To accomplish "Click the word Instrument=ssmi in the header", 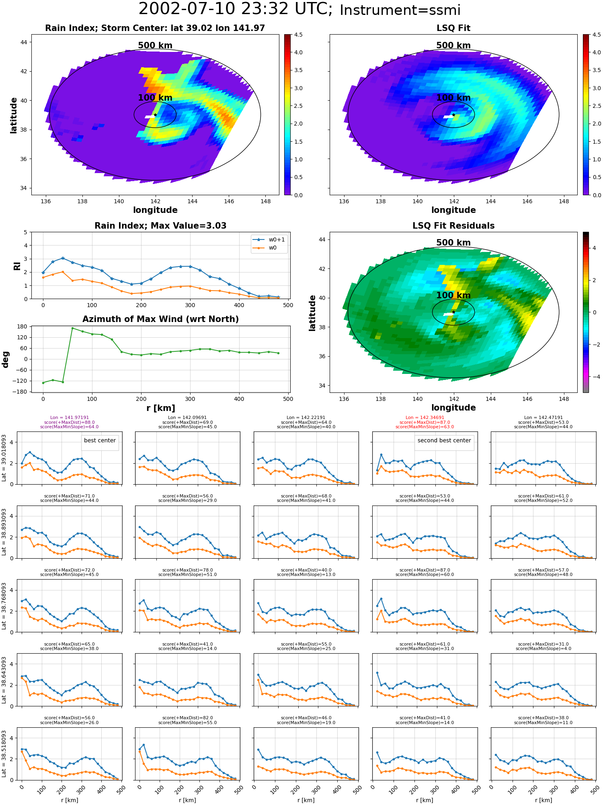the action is [400, 10].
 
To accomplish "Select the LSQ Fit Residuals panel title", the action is [453, 226].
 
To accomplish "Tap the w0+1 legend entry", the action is [269, 239].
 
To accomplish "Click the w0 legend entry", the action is [265, 248].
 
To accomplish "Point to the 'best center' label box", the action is [100, 441].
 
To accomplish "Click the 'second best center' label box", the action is [444, 441].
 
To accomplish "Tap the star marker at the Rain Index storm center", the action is [155, 115].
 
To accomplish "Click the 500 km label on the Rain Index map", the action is [155, 45].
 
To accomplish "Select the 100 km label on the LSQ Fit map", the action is [453, 98].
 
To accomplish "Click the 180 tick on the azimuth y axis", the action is [22, 327].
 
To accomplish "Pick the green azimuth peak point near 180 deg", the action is [72, 328].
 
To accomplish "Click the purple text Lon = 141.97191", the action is [70, 418].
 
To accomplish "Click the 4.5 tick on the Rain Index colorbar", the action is [298, 35].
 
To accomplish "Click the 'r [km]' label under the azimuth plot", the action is [161, 408].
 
